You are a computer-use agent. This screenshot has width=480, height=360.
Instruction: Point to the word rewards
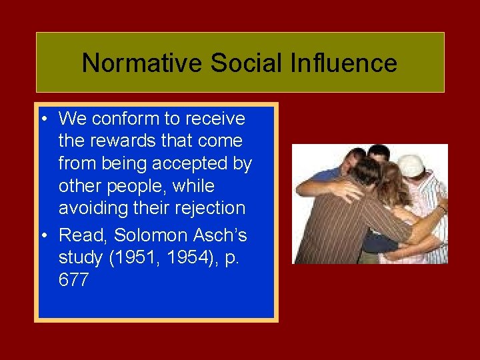coord(111,141)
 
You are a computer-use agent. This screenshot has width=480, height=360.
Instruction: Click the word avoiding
coord(97,209)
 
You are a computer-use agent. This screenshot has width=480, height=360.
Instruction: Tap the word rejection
coord(211,209)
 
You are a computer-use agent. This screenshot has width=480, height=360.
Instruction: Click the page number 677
coord(73,281)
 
